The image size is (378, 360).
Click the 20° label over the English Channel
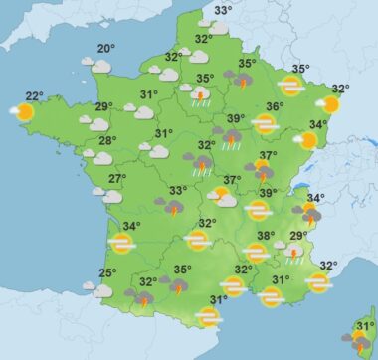click(104, 49)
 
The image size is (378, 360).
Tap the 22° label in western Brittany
click(34, 95)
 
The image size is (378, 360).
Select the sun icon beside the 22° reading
click(23, 111)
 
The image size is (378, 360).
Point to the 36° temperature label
click(275, 106)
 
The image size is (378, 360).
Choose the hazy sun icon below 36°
click(265, 124)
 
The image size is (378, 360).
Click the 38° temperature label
click(266, 236)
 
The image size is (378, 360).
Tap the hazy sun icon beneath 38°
click(256, 253)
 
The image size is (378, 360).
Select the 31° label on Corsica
click(365, 325)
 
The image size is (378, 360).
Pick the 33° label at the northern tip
click(223, 10)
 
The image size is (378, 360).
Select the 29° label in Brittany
click(103, 107)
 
